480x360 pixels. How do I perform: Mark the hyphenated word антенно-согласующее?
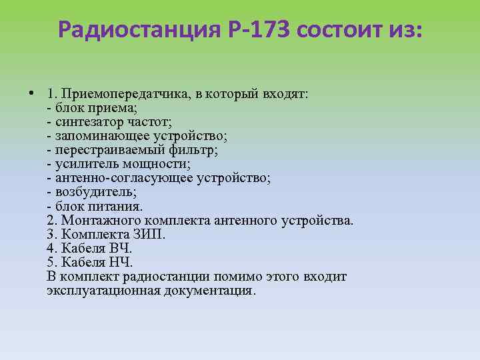[x=115, y=178]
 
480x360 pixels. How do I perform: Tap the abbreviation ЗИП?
[x=147, y=234]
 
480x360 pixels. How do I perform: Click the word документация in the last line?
[x=209, y=291]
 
